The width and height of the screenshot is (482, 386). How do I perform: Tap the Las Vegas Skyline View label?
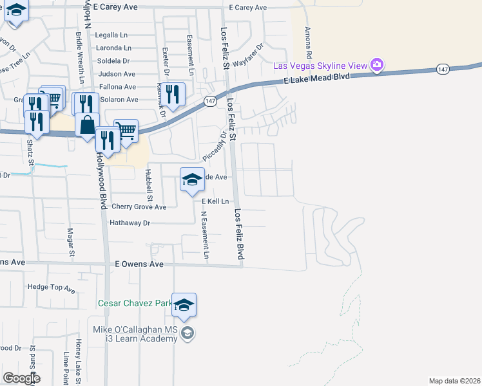tap(320, 66)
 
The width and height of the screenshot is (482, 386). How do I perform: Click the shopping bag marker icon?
tap(87, 124)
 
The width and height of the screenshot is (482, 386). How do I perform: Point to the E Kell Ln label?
tap(215, 201)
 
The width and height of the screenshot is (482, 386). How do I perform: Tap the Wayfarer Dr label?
tap(249, 55)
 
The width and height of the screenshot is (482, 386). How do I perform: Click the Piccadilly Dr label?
tap(215, 147)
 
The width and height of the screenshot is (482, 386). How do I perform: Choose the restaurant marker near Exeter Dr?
tap(172, 95)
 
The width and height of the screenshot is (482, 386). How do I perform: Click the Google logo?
tap(21, 378)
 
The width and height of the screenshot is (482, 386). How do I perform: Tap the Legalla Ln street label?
tap(113, 35)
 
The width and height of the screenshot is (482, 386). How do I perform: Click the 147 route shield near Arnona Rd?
tap(441, 68)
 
